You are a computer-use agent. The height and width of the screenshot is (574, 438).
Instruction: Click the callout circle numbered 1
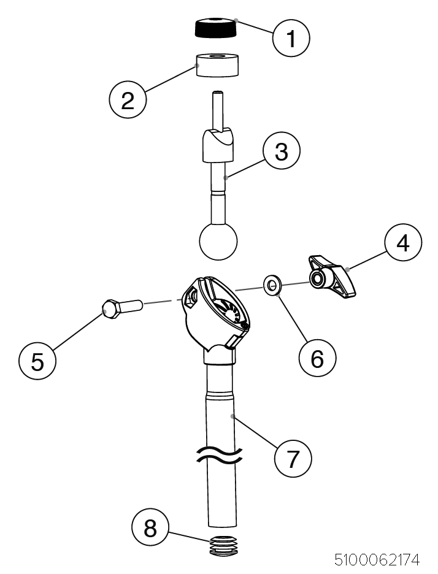click(x=291, y=39)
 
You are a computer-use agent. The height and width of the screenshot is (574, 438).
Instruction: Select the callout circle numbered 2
click(x=128, y=99)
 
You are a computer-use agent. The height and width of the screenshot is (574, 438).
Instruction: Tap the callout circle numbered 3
click(x=281, y=151)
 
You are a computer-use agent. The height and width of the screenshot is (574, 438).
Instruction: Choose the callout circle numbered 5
click(x=37, y=361)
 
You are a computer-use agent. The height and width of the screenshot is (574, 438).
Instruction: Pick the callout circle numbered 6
click(x=317, y=358)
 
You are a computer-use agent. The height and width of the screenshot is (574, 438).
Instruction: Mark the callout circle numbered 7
click(x=293, y=457)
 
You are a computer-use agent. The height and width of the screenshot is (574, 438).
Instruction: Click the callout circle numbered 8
click(x=150, y=528)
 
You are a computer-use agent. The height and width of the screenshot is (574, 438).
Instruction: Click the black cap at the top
click(x=217, y=27)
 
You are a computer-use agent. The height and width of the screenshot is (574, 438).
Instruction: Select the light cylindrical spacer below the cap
click(x=217, y=65)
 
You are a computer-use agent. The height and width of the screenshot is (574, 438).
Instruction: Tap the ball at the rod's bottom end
click(x=218, y=242)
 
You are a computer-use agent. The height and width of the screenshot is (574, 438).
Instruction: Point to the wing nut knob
click(x=335, y=278)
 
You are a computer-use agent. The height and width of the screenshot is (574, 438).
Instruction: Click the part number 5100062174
click(x=377, y=559)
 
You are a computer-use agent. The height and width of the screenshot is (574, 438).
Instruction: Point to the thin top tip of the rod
click(x=218, y=108)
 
